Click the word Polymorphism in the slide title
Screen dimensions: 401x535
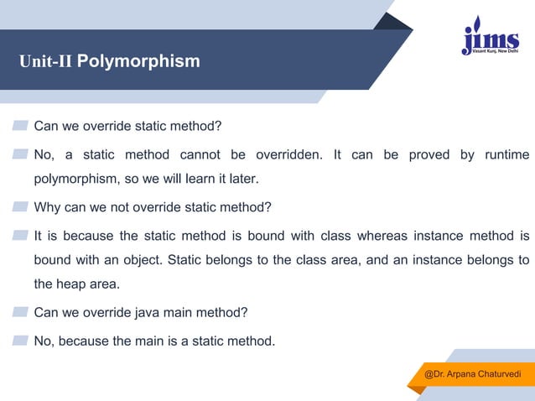[x=144, y=61]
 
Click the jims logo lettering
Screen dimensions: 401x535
[x=487, y=39]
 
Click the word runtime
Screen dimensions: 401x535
[x=506, y=155]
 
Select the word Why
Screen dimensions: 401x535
[x=48, y=207]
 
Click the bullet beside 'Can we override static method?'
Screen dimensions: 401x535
[x=20, y=127]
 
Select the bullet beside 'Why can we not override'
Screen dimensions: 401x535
[x=20, y=207]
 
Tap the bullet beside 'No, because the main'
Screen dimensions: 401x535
[x=20, y=341]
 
